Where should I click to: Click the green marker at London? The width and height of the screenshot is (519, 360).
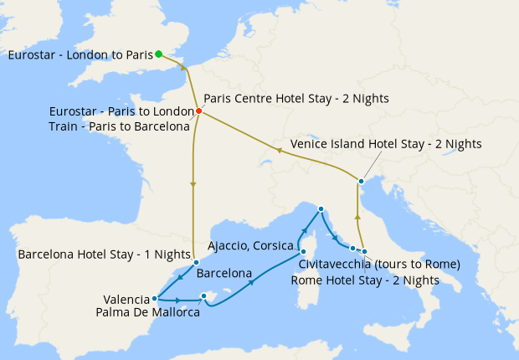(x=159, y=55)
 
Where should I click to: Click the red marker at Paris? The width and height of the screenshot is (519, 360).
(x=198, y=111)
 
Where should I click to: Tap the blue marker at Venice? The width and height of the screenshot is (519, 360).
(x=361, y=181)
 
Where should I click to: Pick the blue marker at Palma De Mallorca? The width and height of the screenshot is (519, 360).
(x=203, y=296)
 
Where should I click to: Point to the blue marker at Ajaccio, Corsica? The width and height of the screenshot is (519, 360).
(x=303, y=250)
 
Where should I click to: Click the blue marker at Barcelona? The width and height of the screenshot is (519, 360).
(x=196, y=262)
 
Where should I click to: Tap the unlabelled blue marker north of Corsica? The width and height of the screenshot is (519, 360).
(x=321, y=208)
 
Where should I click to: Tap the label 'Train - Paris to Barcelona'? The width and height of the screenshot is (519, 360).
(x=119, y=126)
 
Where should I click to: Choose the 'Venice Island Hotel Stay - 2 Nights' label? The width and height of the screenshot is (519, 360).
(x=386, y=144)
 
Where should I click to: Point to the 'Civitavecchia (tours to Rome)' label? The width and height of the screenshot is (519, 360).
(x=379, y=265)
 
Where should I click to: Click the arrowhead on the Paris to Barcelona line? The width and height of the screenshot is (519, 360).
(x=193, y=185)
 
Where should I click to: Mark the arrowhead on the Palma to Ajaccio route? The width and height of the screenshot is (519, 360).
(x=251, y=284)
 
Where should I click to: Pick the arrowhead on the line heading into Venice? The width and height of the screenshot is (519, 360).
(x=358, y=218)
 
